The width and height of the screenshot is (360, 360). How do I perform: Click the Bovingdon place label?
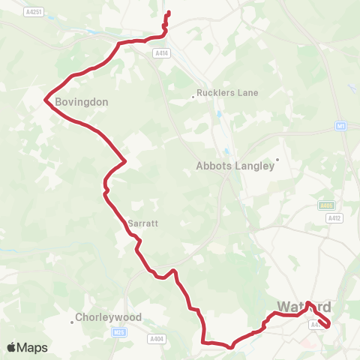(x=82, y=101)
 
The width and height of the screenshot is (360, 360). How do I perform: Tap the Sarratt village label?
(x=142, y=223)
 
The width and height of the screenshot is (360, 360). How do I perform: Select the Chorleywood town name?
(x=109, y=317)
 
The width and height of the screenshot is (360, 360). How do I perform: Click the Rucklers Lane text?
(x=227, y=93)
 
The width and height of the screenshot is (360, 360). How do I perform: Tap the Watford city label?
(x=304, y=307)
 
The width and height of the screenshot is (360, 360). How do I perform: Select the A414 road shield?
(x=161, y=53)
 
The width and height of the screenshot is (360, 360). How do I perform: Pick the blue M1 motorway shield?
(x=340, y=125)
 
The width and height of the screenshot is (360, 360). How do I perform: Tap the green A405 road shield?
(x=325, y=205)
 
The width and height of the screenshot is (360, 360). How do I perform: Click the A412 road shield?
(x=334, y=217)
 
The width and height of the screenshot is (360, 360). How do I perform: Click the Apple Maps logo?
(x=27, y=347)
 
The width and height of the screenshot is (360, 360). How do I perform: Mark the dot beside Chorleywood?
(x=72, y=322)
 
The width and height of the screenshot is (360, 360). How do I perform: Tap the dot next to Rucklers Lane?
(x=193, y=95)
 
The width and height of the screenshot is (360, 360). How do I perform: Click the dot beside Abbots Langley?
(x=277, y=159)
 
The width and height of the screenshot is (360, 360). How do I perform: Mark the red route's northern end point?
(x=167, y=13)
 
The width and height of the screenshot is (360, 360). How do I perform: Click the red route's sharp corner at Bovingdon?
(x=46, y=99)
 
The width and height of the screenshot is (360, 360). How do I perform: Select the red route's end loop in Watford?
(x=324, y=321)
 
